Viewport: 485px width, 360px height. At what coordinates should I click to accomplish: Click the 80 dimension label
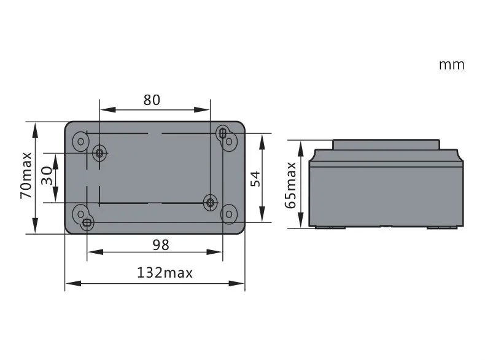(x=152, y=100)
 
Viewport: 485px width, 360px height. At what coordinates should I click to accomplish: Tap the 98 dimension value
(x=161, y=245)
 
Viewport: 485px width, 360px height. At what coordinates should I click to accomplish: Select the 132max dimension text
(x=165, y=273)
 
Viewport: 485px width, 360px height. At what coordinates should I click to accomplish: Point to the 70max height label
(x=26, y=175)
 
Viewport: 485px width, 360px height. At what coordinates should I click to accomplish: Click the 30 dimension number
(x=47, y=176)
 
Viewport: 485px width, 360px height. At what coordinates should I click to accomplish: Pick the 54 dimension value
(x=255, y=179)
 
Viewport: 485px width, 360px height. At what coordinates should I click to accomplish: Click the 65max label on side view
(x=290, y=185)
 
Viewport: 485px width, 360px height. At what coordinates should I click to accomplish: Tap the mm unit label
(x=452, y=65)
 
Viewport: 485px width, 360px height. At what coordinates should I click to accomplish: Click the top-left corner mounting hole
(x=80, y=141)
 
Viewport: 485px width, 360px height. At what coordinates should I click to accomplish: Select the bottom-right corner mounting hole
(x=229, y=214)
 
